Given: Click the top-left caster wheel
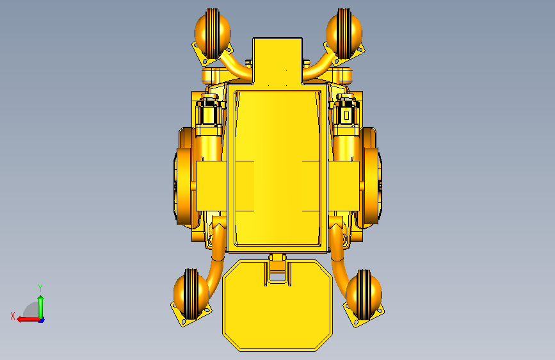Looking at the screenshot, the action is point(213,33).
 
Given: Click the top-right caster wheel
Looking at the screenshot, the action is point(344,33).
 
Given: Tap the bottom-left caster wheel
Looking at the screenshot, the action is point(191,293).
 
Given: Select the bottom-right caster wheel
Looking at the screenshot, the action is point(364,295).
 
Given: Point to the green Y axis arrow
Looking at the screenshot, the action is point(41,307).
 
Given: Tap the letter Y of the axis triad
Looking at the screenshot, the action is point(40,288).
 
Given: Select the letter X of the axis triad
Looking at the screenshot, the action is point(13,316).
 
